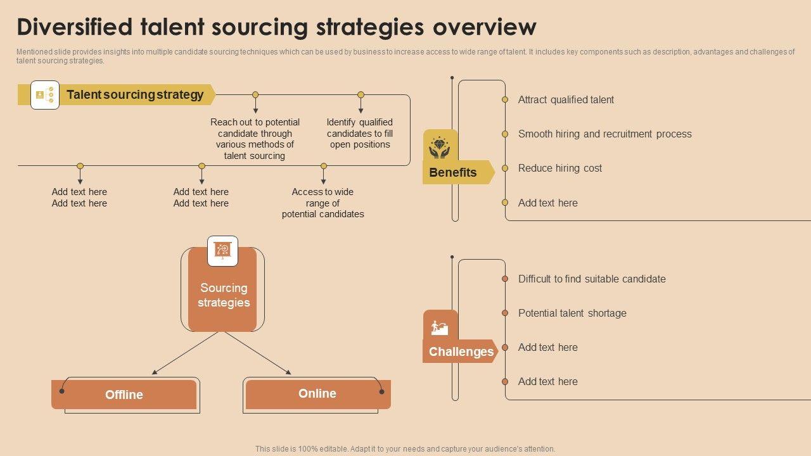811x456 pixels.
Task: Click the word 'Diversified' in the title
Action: coord(75,27)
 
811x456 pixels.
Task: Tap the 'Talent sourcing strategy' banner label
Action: coord(135,95)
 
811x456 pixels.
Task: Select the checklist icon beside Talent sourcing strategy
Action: coord(45,95)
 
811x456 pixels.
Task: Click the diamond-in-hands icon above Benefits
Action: coord(440,147)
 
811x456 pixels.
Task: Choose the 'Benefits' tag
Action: coord(453,172)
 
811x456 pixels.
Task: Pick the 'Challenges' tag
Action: coord(461,351)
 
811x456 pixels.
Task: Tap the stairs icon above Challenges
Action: coord(440,327)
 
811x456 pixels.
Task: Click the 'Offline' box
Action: coord(124,395)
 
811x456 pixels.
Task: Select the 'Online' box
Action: coord(317,393)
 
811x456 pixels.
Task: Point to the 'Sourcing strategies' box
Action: coord(223,295)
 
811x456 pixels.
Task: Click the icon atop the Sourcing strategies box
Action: coord(222,251)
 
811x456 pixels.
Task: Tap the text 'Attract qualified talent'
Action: coord(566,99)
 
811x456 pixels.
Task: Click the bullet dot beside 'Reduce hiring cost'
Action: coord(505,168)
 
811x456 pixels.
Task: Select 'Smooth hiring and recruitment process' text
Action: coord(604,134)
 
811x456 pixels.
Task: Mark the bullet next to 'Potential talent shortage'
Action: coord(505,313)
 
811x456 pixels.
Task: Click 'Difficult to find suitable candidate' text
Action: coord(592,279)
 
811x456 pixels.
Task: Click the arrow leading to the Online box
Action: coord(259,353)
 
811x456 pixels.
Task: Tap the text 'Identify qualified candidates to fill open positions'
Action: coord(360,133)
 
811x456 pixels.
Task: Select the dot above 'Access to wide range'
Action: coord(324,166)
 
